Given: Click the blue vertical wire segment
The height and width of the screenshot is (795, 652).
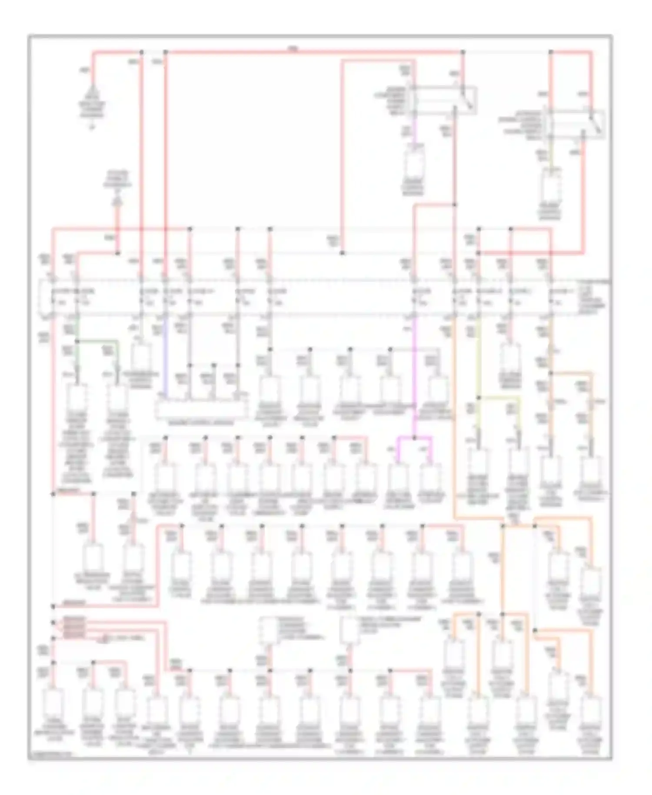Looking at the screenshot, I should pos(165,357).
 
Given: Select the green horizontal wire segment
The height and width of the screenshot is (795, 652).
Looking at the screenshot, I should pos(98,341).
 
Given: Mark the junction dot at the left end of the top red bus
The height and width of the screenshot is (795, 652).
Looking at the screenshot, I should pos(142,52).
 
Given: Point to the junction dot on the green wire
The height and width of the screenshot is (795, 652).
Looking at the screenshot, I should pos(77,341).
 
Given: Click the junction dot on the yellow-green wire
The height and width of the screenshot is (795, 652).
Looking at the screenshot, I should pos(479,397).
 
